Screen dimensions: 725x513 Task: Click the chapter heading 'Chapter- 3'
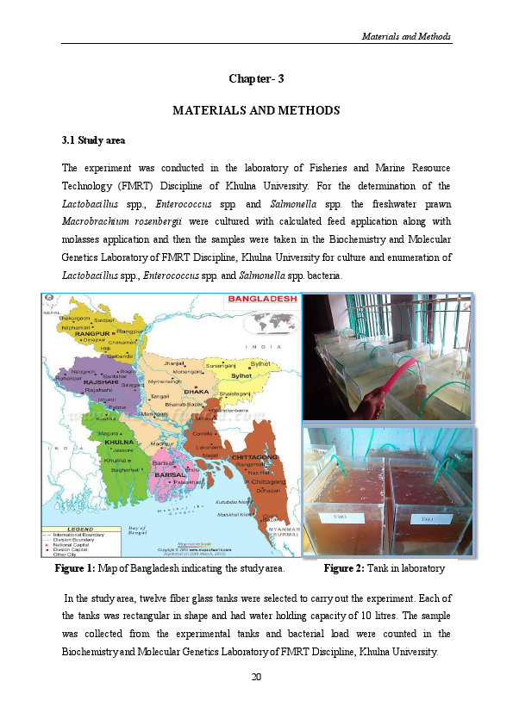pos(256,79)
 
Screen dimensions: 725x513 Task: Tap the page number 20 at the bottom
pos(256,676)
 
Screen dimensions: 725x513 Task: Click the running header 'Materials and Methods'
pos(406,37)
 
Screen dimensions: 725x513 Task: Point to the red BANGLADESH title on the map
pos(261,300)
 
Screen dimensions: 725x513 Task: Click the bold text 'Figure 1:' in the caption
pos(75,569)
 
